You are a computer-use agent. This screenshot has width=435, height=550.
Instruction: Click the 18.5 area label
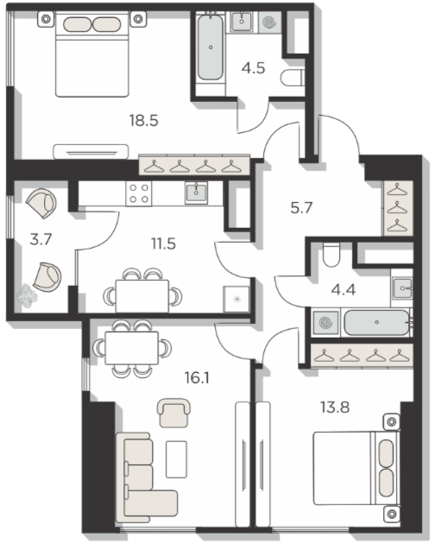pos(144,121)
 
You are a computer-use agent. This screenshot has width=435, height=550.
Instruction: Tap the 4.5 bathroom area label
pos(253,68)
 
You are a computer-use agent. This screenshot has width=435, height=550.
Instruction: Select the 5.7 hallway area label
pos(301,208)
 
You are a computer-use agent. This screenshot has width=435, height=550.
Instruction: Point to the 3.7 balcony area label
pos(41,239)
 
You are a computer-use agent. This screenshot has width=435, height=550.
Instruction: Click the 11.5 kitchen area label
pos(163,243)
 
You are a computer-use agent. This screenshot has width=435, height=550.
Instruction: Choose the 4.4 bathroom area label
pos(344,290)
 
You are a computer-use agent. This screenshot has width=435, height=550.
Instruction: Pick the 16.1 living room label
pos(197,378)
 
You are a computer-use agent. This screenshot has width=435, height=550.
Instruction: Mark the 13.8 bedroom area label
pos(335,408)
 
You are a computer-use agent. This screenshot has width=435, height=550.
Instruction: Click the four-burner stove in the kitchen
pos(139,193)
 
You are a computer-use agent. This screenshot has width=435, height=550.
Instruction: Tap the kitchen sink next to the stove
pos(196,193)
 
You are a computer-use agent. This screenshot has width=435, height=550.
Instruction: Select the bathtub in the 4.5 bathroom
pos(211,47)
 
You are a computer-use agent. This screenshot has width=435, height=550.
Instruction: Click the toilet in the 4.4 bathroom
pos(331,256)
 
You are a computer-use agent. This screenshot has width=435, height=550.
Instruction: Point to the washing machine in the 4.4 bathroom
pos(325,322)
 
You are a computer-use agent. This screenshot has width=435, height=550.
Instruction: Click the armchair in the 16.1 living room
pos(173,413)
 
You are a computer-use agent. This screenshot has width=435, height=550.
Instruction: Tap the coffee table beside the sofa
pos(176,459)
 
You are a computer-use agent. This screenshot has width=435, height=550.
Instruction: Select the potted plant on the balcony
pos(27,296)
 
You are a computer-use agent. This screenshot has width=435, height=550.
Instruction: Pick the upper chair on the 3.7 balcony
pos(41,204)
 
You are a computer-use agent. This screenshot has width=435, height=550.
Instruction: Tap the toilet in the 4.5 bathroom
pos(293,78)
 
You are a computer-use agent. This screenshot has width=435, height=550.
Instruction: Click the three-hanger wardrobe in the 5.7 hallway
pos(398,208)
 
